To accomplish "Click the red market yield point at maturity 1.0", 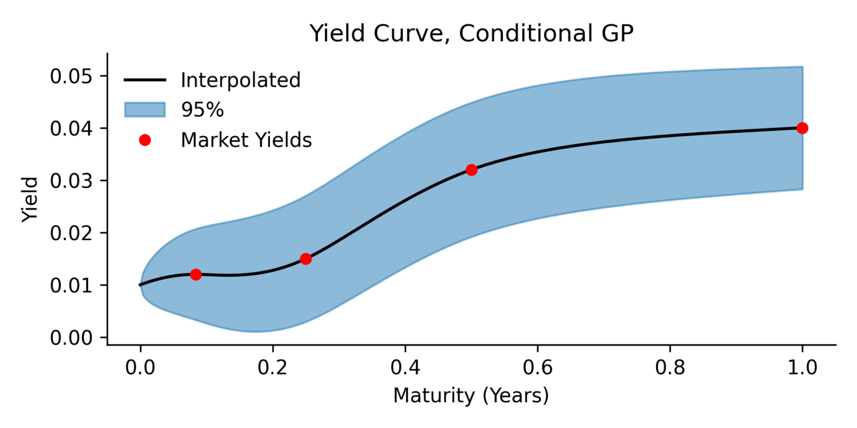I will coord(802,128).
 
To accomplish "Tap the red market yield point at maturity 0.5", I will coord(471,170).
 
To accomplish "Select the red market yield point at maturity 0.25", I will coord(306,259).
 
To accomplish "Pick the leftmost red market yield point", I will coord(195,274).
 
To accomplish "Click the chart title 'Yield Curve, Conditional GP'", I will coord(471,34).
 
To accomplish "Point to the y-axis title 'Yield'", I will coord(31,200).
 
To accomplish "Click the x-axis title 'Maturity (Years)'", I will coord(471,396).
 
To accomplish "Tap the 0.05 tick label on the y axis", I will coord(71,76).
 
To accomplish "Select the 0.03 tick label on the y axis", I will coord(71,181).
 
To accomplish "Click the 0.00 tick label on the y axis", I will coord(71,338).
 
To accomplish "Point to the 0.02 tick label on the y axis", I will coord(71,233).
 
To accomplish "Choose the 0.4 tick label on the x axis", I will coord(405,368).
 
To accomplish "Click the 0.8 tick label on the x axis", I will coord(670,368).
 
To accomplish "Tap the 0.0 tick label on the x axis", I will coord(140,368).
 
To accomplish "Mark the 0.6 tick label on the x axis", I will coord(537,368).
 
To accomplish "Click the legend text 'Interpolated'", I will coord(240,80).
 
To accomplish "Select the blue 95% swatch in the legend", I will coord(145,110).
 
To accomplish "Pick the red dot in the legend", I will coord(145,140).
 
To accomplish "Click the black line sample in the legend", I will coord(145,80).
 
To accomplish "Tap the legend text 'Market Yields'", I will coord(246,140).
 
